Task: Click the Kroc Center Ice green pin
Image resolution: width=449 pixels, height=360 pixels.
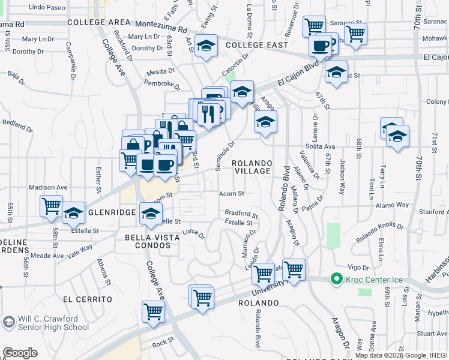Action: pyautogui.click(x=336, y=280)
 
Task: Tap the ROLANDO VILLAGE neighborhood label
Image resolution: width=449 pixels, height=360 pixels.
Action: pyautogui.click(x=252, y=167)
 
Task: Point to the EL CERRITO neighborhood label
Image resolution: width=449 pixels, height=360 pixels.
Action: pyautogui.click(x=87, y=299)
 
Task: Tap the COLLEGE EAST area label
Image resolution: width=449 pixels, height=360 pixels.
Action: pyautogui.click(x=256, y=45)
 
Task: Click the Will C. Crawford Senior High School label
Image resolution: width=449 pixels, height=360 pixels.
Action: pyautogui.click(x=53, y=323)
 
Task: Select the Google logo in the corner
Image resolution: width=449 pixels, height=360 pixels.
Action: pyautogui.click(x=20, y=353)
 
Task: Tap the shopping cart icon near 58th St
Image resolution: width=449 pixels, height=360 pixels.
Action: pyautogui.click(x=51, y=206)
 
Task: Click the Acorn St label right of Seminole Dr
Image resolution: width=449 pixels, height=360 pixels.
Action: pyautogui.click(x=231, y=194)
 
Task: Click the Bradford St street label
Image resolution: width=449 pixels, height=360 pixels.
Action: pyautogui.click(x=241, y=213)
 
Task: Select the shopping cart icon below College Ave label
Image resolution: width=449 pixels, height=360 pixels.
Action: pyautogui.click(x=153, y=311)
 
